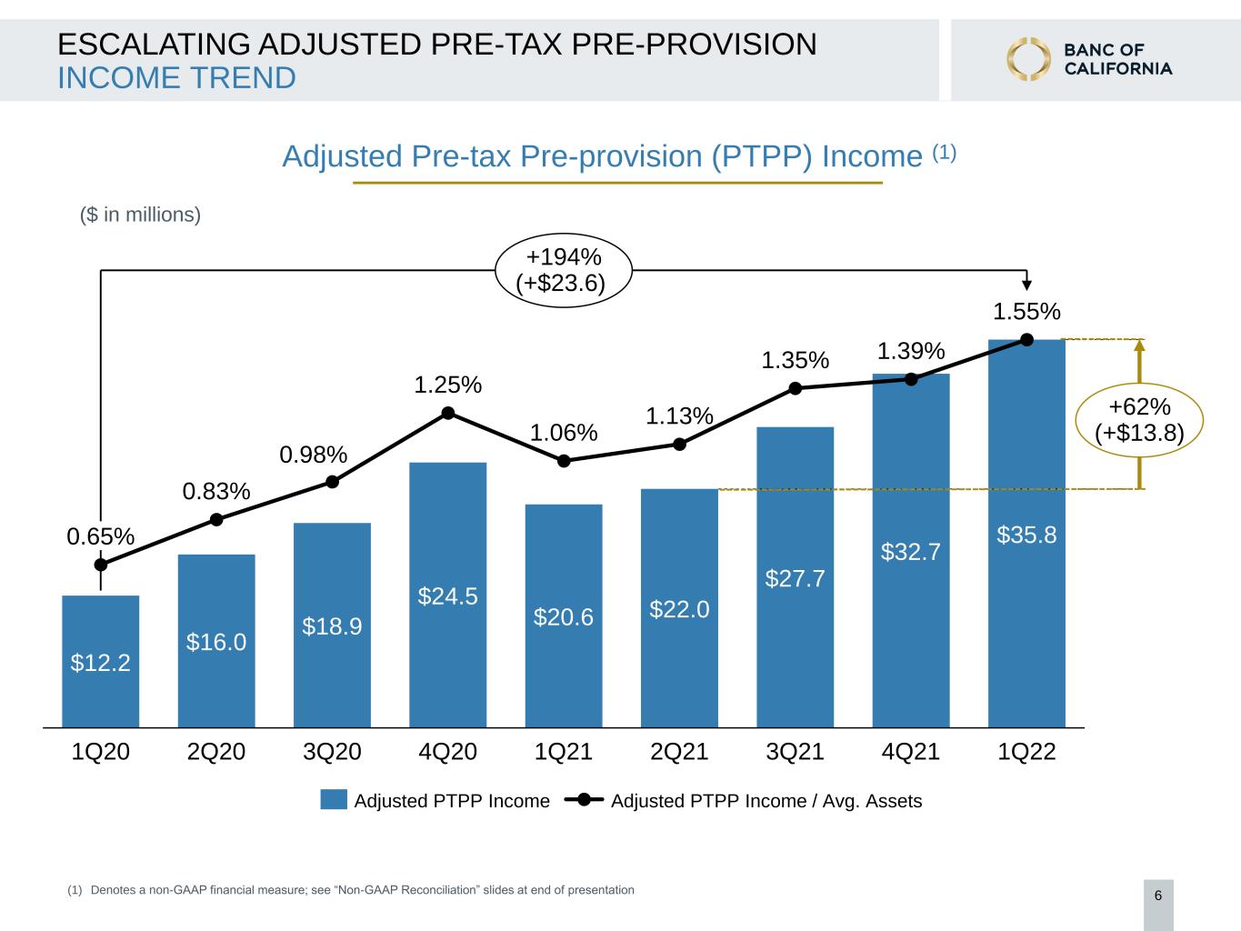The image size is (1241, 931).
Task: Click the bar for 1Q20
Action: [x=101, y=661]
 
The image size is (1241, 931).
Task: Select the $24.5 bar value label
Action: [x=448, y=596]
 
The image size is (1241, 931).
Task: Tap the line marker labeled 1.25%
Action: [x=448, y=413]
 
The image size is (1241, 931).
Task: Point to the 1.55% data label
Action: [x=1026, y=312]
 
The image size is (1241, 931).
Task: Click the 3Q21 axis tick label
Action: [x=795, y=752]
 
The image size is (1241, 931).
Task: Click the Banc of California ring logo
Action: [x=1028, y=59]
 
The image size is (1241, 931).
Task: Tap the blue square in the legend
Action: [x=334, y=800]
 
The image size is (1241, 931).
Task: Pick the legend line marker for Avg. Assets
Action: [x=584, y=800]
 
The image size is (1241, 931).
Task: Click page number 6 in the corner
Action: [x=1158, y=896]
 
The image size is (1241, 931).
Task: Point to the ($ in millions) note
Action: [x=140, y=215]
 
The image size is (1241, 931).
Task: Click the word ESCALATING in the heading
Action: [x=154, y=44]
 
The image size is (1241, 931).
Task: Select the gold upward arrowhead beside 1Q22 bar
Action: [x=1139, y=345]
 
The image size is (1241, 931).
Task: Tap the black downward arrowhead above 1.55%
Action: [x=1026, y=285]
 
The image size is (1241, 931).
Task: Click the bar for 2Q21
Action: [x=679, y=608]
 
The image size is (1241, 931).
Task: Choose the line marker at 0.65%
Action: [x=101, y=565]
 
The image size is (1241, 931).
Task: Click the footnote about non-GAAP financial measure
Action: [x=351, y=890]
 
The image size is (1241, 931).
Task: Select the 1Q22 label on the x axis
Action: [x=1026, y=752]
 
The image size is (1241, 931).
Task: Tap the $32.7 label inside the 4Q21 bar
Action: [x=911, y=552]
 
